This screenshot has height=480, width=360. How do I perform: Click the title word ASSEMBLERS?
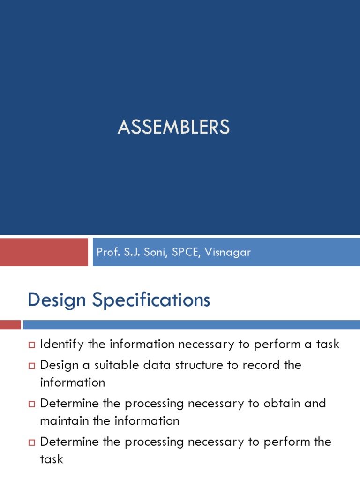[x=173, y=127]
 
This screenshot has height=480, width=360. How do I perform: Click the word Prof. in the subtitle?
[x=106, y=252]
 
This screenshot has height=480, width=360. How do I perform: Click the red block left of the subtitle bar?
[x=44, y=252]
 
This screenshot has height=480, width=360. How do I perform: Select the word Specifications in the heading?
[x=151, y=300]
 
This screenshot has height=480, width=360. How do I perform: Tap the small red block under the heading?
[x=10, y=324]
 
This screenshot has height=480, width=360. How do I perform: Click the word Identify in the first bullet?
[x=62, y=345]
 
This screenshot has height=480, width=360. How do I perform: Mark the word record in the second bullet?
[x=262, y=365]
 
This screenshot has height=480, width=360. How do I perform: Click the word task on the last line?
[x=52, y=459]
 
